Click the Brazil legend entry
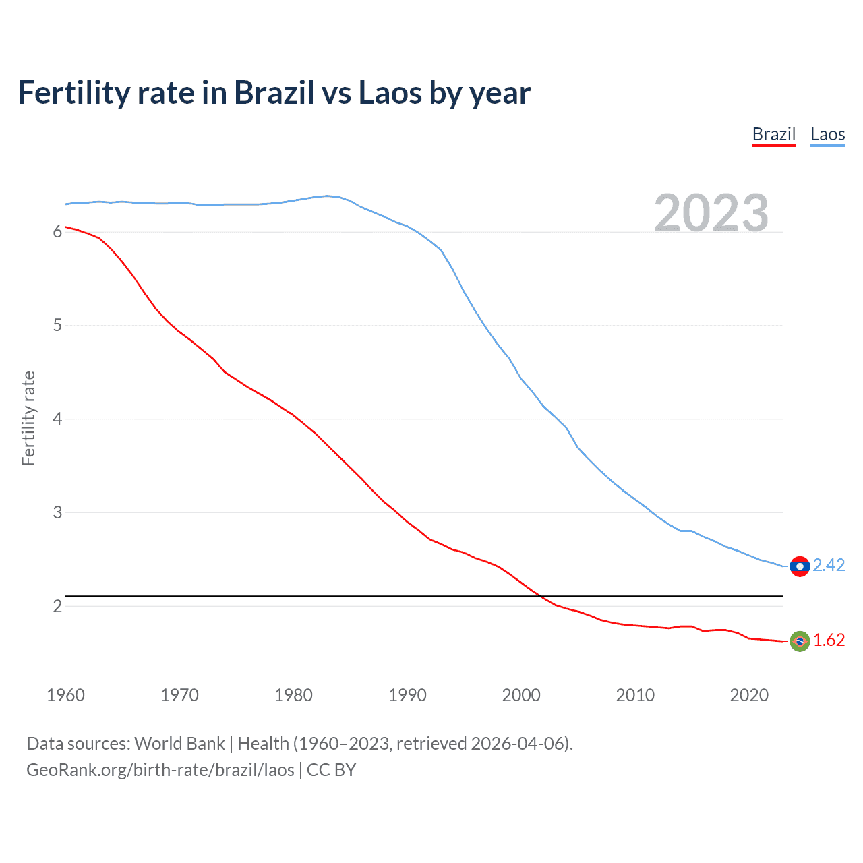click(x=773, y=134)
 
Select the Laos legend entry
click(x=827, y=134)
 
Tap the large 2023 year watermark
click(x=711, y=213)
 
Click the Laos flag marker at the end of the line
click(x=800, y=566)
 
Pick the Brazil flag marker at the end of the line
click(x=800, y=641)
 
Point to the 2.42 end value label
click(x=829, y=565)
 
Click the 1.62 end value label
click(x=829, y=640)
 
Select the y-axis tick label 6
click(x=57, y=232)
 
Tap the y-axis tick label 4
click(x=57, y=419)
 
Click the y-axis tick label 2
click(x=57, y=606)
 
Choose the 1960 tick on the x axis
click(x=65, y=695)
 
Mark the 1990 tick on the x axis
click(x=407, y=695)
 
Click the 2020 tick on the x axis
click(x=749, y=695)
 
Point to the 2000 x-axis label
click(x=521, y=695)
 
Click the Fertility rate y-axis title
click(x=28, y=418)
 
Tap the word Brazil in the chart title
click(x=274, y=93)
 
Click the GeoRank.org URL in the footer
click(x=160, y=770)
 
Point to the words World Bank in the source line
click(x=179, y=744)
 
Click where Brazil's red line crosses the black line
click(x=541, y=597)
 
